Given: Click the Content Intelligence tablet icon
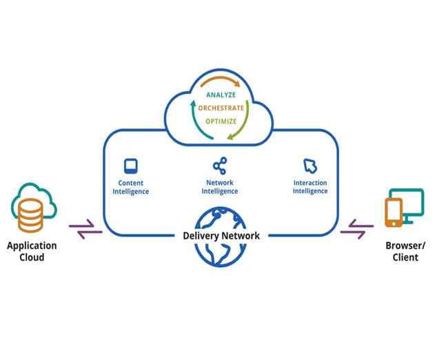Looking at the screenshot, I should point(130,166).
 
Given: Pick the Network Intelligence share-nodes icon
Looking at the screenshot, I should point(219,166).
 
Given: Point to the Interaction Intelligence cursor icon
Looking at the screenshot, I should point(310,166).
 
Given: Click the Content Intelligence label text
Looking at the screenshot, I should point(130,188).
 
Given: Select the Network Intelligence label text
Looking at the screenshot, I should point(219,188).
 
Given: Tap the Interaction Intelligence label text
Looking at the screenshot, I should point(310,188).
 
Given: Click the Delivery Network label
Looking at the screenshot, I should point(221,236).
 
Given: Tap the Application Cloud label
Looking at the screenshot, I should point(32,251).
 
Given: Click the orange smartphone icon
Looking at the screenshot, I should point(393,212).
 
